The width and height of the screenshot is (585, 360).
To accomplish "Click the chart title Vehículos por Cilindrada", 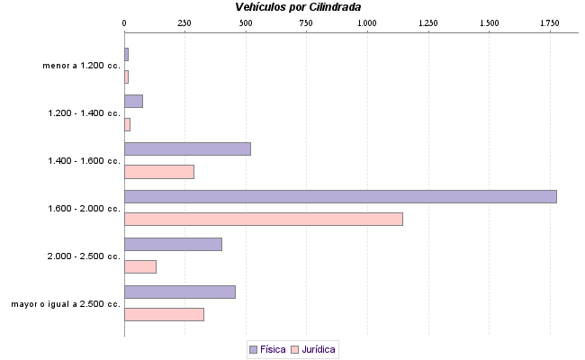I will (298, 7).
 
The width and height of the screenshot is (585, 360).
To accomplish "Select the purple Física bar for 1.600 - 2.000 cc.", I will (340, 196).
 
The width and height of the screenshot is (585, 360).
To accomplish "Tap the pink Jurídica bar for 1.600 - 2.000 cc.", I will (263, 219).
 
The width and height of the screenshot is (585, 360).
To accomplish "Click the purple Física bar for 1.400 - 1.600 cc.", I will (187, 148).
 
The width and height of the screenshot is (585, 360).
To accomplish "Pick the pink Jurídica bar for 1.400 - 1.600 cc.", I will (159, 172).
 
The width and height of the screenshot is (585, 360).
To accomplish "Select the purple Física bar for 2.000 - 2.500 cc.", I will (173, 244).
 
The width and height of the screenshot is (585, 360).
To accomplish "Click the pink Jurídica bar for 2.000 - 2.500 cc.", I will (140, 266).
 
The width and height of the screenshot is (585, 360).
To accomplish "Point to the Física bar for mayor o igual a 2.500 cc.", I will (180, 292).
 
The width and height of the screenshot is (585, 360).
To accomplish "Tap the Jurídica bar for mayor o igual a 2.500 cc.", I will (164, 314).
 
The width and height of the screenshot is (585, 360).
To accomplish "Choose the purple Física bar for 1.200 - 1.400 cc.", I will (133, 101).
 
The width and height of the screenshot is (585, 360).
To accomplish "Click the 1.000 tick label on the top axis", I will (367, 22).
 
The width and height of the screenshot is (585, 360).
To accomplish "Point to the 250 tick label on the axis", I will (184, 22).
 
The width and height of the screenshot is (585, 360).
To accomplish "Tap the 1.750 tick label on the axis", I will (549, 22).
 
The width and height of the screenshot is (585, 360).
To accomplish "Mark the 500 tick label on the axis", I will (246, 22).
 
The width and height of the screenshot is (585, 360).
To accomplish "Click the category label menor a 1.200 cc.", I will (81, 66).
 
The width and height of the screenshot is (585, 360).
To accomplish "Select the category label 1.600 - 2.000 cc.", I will (85, 208).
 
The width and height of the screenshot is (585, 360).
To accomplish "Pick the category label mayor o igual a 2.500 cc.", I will (66, 303).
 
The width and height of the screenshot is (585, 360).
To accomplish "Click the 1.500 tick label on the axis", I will (489, 22).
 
